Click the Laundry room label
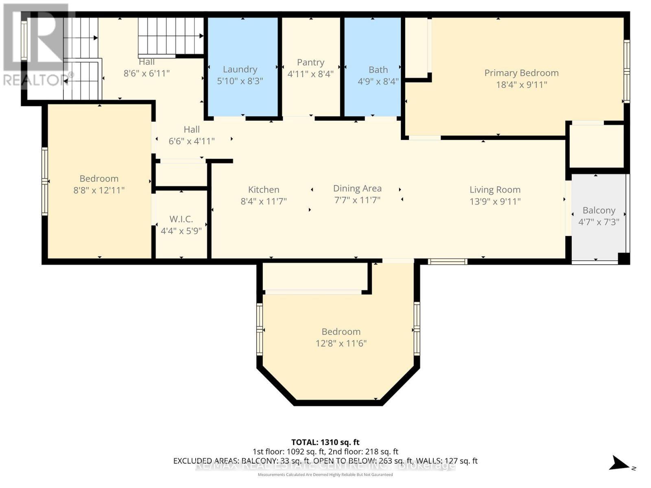click(240, 70)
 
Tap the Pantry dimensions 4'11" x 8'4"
click(310, 74)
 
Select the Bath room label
click(378, 70)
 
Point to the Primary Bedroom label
click(521, 73)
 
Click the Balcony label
click(599, 210)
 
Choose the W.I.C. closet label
click(181, 219)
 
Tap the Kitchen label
click(264, 190)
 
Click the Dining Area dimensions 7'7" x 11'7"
click(357, 200)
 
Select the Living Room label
click(495, 190)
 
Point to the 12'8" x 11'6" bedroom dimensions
click(341, 343)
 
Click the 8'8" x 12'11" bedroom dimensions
click(99, 190)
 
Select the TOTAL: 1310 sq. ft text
click(325, 442)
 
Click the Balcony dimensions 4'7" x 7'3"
click(599, 222)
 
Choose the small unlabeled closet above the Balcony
click(596, 146)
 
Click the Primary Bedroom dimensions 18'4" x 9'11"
click(521, 85)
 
